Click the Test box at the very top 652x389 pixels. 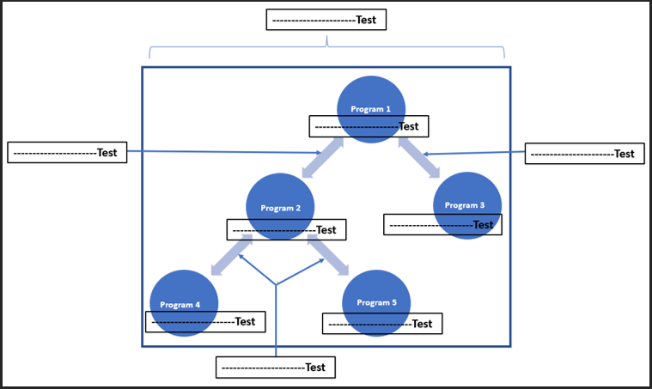point(326,20)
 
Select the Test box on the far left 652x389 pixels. point(67,153)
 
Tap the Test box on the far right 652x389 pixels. point(584,154)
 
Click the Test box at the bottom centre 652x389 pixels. point(275,368)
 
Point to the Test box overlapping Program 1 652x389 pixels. point(369,126)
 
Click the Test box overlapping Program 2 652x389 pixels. point(286,230)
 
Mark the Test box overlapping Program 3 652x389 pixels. point(442,225)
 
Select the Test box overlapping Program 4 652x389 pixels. point(205,322)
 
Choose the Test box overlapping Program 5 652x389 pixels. point(381,324)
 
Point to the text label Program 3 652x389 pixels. point(465,205)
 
